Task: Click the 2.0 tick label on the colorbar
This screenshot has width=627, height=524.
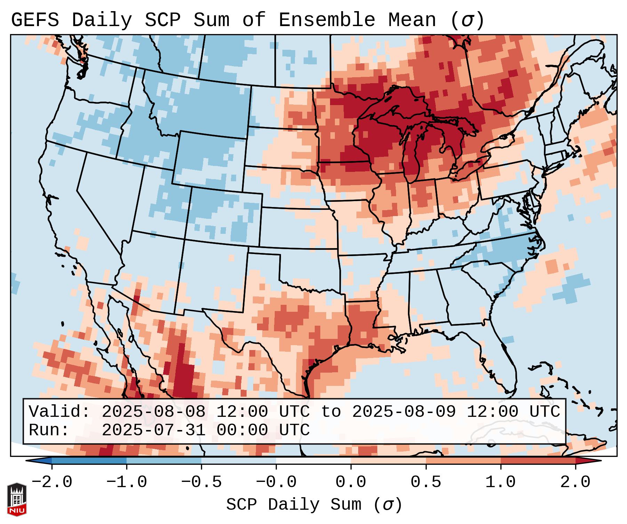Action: tap(575, 482)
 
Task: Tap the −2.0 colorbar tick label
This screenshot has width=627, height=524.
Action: tap(52, 482)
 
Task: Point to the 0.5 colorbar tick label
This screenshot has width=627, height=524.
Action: tap(426, 482)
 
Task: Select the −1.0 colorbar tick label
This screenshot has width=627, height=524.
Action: tap(127, 482)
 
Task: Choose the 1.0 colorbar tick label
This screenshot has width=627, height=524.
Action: tap(500, 482)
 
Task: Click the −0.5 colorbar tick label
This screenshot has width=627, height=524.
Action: tap(201, 482)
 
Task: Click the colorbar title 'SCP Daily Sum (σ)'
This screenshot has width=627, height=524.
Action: tap(314, 505)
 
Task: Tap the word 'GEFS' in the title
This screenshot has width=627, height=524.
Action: tap(35, 20)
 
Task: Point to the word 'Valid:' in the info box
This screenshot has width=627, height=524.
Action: tap(59, 412)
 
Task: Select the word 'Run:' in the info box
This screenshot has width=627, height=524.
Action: tap(49, 430)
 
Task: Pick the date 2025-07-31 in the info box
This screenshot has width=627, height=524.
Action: tap(153, 430)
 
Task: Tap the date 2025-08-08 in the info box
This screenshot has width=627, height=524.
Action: tap(153, 412)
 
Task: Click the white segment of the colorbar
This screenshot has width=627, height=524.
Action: tap(313, 461)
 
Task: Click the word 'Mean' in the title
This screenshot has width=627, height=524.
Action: tap(412, 20)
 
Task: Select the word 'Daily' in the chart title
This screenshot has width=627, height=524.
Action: tap(102, 20)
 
